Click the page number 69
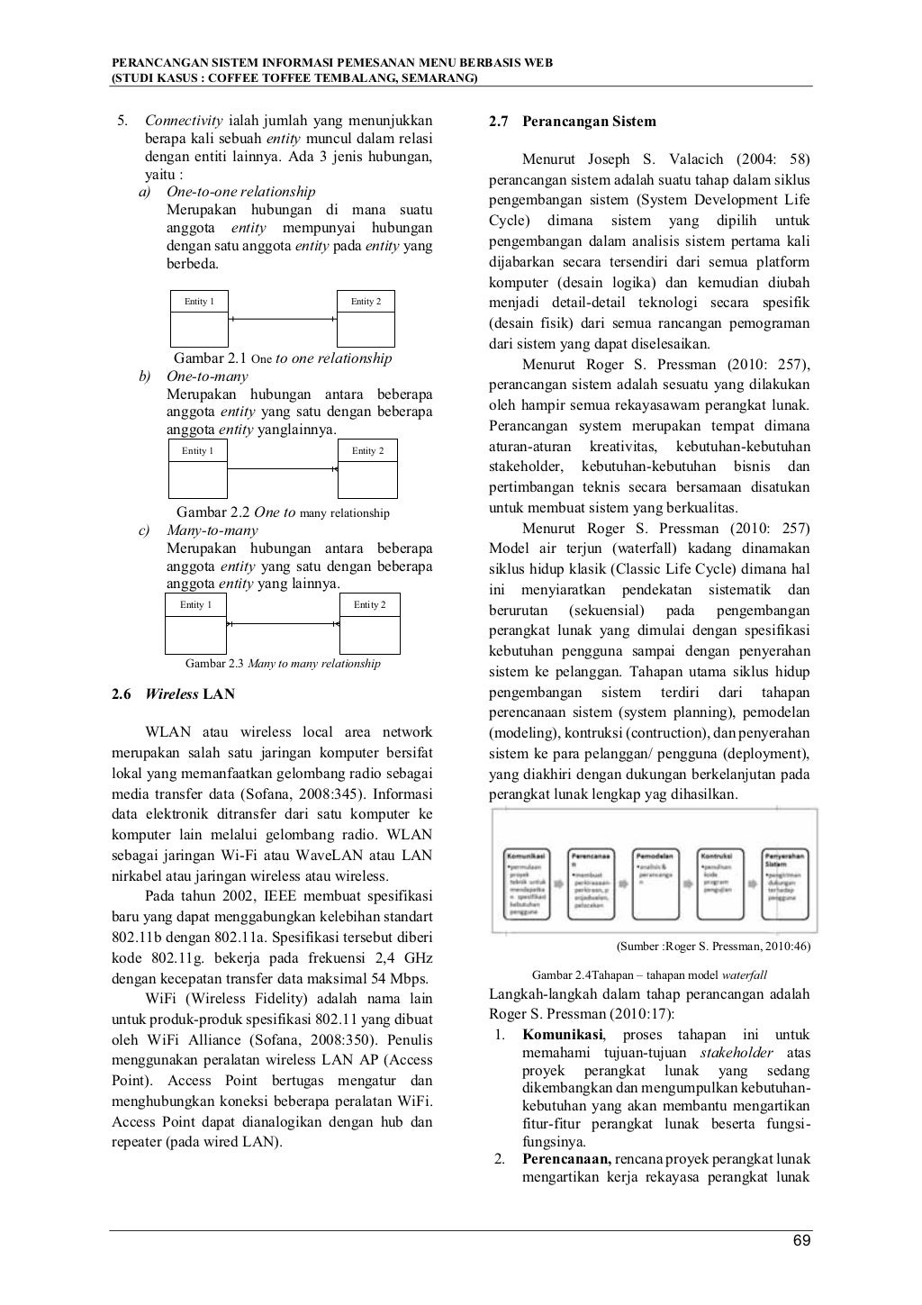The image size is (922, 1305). [x=801, y=1242]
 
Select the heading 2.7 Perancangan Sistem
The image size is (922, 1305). [x=572, y=122]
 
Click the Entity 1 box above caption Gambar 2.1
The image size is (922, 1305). [x=199, y=318]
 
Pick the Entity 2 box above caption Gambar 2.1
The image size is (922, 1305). [x=366, y=318]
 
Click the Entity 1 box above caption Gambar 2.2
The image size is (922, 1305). [x=198, y=468]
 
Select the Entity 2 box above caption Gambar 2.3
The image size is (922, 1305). [x=369, y=622]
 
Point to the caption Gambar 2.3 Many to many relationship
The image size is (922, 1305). [x=282, y=664]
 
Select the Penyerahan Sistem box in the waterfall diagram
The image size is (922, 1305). [x=785, y=883]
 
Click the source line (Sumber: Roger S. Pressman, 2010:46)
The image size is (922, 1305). [x=712, y=947]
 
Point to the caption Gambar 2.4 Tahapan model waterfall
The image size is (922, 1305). [x=649, y=975]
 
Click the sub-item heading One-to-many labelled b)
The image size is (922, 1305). [x=207, y=376]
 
